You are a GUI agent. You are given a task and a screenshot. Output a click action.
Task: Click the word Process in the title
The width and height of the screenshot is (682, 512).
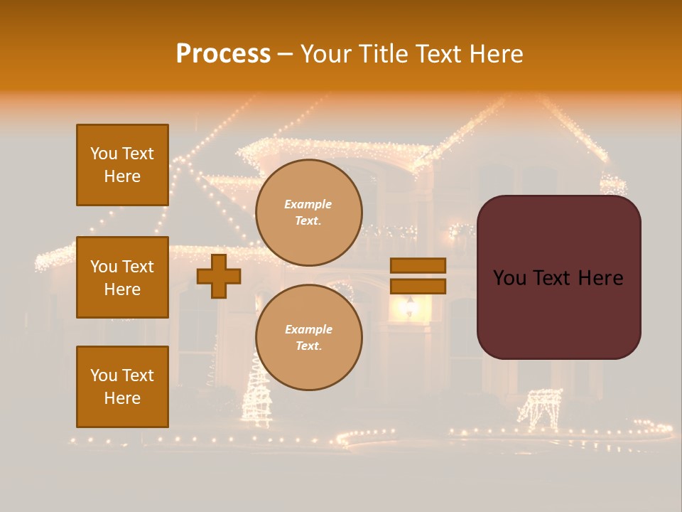223,54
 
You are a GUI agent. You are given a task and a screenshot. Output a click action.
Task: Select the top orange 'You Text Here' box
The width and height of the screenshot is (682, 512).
122,165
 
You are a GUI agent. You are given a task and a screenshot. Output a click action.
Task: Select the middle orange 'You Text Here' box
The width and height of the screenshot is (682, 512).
122,277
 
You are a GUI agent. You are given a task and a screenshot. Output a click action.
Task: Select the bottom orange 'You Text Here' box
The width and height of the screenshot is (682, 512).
122,387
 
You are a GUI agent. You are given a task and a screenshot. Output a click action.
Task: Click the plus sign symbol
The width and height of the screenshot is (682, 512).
219,276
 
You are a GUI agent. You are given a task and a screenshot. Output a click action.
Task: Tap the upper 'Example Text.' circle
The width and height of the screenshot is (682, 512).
308,213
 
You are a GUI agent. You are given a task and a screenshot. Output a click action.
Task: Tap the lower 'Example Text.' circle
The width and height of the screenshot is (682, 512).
308,338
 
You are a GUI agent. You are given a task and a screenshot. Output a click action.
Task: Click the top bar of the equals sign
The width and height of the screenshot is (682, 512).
418,265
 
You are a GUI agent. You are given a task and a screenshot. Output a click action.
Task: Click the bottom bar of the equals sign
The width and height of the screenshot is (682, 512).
418,286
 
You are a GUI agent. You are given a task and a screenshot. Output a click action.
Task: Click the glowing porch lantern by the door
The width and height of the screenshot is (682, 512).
409,306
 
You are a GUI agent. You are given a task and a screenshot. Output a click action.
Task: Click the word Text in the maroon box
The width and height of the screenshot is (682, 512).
551,278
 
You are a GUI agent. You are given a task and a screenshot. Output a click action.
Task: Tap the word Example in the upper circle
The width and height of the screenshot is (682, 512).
308,204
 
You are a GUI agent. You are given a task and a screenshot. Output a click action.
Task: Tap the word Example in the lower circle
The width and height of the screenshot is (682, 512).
308,329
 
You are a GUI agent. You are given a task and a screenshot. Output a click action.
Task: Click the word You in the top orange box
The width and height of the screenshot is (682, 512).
104,154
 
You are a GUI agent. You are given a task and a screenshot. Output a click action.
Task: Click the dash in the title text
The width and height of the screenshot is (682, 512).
285,55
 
